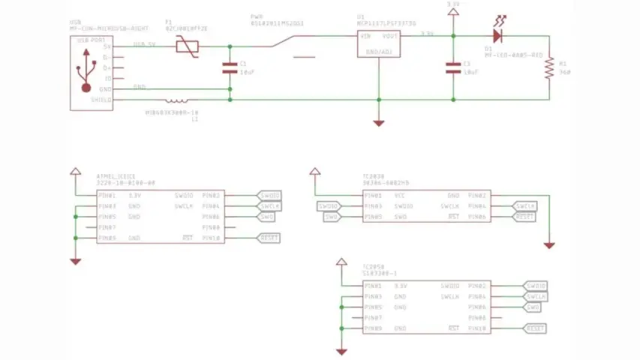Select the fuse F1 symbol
tap(185, 46)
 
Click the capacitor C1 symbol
tap(230, 68)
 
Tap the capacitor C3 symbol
tap(452, 68)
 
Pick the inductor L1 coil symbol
tap(177, 99)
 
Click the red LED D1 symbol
tap(498, 34)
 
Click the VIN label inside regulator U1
tap(366, 36)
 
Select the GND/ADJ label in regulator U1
tap(379, 52)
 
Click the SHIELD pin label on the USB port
tap(101, 99)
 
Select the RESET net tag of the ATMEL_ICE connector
tap(269, 238)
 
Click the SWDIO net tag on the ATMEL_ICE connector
tap(269, 195)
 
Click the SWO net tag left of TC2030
tap(332, 217)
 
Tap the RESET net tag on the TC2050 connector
tap(536, 328)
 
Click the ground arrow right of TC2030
tap(550, 244)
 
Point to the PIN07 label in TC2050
tap(373, 318)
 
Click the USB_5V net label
tap(145, 43)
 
